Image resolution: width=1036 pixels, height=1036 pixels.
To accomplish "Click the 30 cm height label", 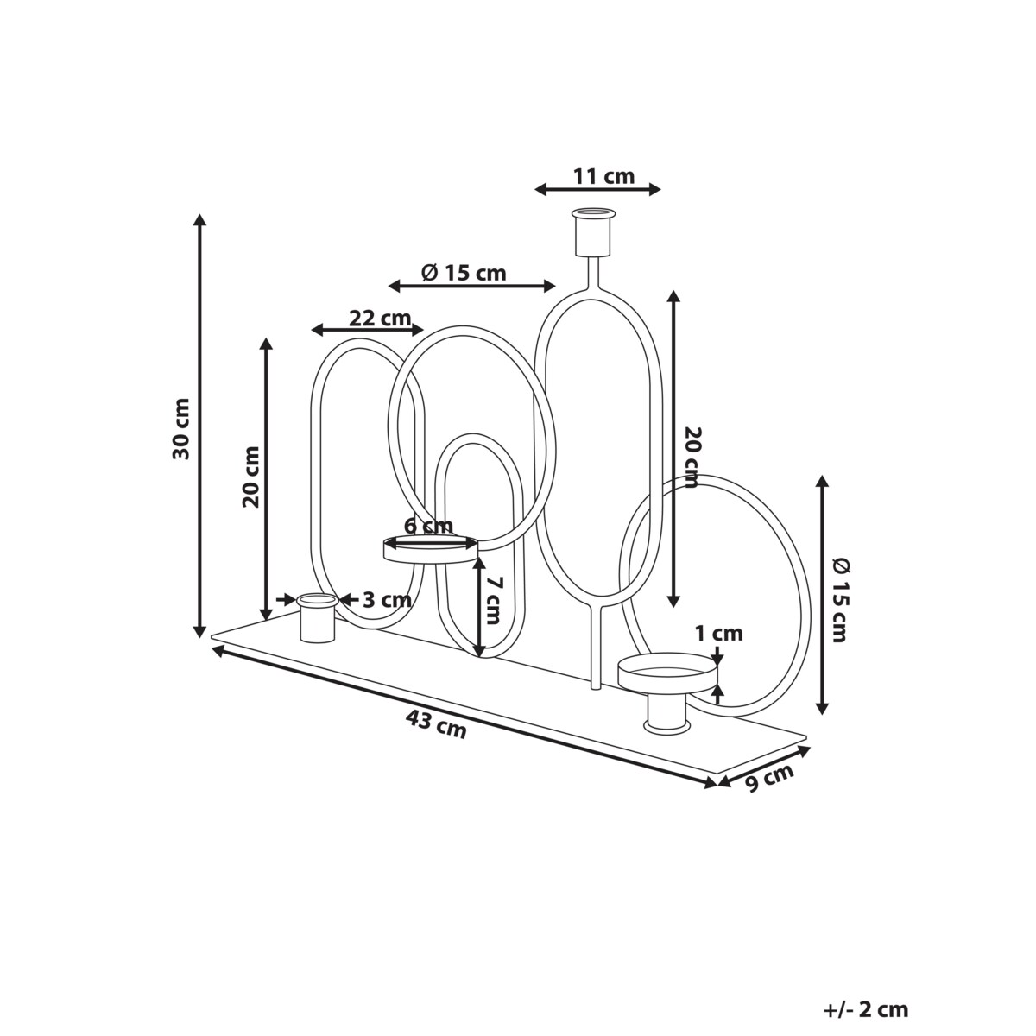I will [181, 428].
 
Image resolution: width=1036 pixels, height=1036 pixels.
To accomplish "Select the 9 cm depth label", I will [768, 780].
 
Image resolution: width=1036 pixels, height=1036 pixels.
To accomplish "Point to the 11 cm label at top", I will [603, 176].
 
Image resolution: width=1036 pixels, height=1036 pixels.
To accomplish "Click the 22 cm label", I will [380, 318].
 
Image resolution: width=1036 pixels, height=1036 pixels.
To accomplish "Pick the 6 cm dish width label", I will [429, 526].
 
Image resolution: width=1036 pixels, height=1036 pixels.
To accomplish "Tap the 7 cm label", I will [492, 600].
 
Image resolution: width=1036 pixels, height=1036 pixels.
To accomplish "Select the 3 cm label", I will [386, 599].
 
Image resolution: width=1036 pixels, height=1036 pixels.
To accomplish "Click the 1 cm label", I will [719, 634].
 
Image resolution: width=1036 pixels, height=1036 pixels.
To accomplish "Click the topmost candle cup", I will [597, 231].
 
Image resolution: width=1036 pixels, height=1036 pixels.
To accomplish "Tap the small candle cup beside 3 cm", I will [317, 617].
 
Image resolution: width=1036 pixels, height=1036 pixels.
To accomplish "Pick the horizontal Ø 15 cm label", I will [464, 273].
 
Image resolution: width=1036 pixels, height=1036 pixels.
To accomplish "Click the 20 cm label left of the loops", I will [250, 476].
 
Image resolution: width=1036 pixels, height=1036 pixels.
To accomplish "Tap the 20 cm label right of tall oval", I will [691, 458].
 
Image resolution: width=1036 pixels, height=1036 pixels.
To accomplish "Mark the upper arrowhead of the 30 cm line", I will [200, 218].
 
